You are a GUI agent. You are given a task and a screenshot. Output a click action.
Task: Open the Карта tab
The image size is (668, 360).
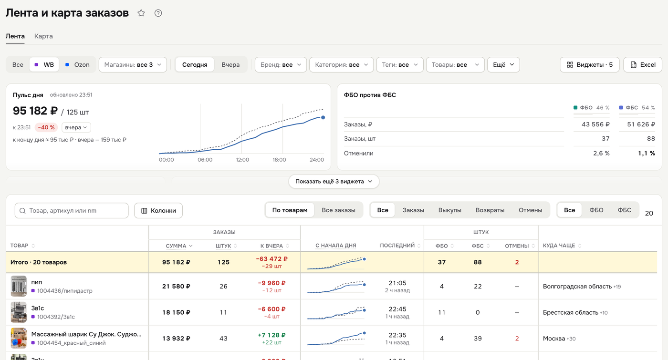coord(43,36)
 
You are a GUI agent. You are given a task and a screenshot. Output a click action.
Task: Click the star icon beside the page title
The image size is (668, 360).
coord(141,13)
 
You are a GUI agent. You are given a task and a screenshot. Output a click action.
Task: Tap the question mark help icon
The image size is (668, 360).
coord(158,13)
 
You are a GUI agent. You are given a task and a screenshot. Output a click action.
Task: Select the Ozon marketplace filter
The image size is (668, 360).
coord(77,65)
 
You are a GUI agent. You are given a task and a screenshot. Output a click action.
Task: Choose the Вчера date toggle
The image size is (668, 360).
coord(230,65)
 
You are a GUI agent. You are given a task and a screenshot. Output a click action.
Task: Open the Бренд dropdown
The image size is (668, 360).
coord(281,65)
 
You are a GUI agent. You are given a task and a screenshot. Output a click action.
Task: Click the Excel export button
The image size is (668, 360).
coord(643,65)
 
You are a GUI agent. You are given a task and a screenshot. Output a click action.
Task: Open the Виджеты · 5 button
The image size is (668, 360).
coord(590,65)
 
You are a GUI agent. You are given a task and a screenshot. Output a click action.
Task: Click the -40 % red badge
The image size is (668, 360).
coord(46,127)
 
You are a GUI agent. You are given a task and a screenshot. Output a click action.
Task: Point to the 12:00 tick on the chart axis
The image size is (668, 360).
coord(242,160)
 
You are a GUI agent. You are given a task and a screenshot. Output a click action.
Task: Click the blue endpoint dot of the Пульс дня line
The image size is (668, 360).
coord(323,117)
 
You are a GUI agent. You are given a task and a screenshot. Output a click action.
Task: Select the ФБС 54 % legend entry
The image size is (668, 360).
coord(637,108)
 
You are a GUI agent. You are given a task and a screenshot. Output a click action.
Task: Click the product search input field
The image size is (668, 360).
coord(72,211)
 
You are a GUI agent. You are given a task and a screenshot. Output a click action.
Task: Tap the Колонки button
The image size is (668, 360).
coord(158,211)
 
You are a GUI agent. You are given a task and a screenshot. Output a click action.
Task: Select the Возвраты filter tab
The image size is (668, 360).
coord(490,210)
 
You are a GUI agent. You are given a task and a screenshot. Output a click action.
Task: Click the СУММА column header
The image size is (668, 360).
coord(176,246)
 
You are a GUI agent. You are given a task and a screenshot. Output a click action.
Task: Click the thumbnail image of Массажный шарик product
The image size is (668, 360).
coord(19,338)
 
